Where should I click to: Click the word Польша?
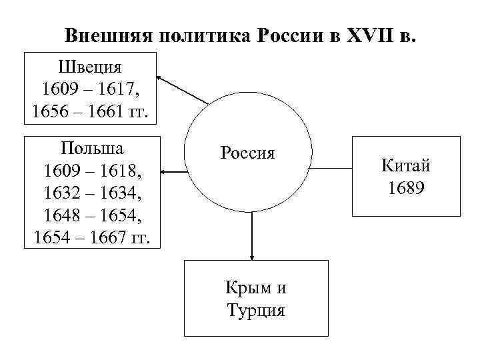tap(91, 147)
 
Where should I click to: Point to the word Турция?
tap(256, 309)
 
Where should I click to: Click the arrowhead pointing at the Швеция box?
tap(163, 77)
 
